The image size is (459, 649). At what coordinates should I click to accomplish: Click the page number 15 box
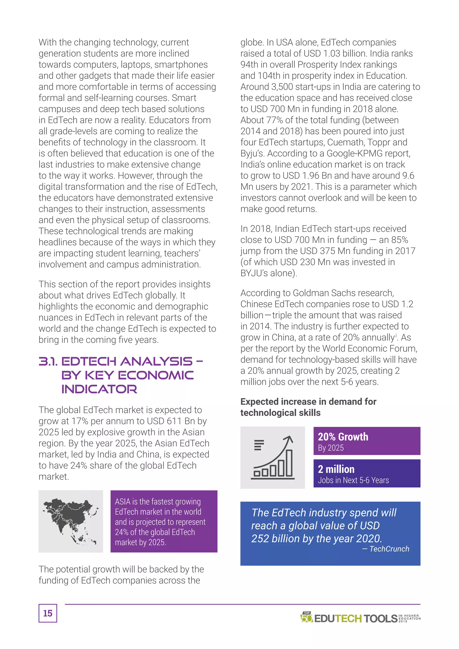point(48,613)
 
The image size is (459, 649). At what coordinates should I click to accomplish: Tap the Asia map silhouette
point(69,519)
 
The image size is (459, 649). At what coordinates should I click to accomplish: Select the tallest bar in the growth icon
point(289,463)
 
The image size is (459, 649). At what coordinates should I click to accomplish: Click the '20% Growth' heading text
point(343,437)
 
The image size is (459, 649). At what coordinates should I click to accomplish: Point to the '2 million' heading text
point(336,469)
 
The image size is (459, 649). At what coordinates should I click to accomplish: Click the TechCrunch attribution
point(389,549)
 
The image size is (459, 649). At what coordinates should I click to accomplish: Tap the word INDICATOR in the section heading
point(99,389)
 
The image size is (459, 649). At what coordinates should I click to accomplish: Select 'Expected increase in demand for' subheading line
point(308,401)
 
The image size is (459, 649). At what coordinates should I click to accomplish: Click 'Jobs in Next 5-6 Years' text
point(353,480)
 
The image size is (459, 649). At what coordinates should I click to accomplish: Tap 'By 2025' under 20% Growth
point(331,448)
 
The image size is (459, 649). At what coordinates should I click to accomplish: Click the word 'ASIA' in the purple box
point(123,502)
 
